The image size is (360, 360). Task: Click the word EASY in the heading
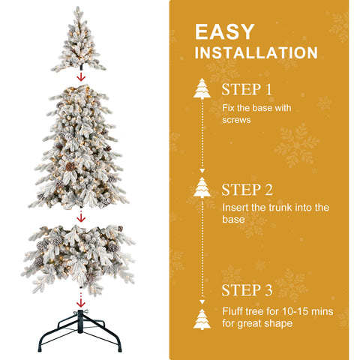(x=225, y=32)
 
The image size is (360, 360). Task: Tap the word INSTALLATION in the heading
(x=256, y=54)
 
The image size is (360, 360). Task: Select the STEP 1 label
(x=247, y=90)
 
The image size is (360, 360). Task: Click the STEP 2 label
(x=247, y=189)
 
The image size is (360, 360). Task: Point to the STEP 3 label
(x=247, y=290)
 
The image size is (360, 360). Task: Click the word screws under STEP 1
(x=236, y=119)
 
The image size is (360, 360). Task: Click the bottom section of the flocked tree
(x=79, y=255)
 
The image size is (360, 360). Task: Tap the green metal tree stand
(x=81, y=327)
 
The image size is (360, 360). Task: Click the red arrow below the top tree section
(x=81, y=76)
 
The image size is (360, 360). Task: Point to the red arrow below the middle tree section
(x=81, y=215)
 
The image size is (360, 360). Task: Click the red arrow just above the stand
(x=81, y=301)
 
